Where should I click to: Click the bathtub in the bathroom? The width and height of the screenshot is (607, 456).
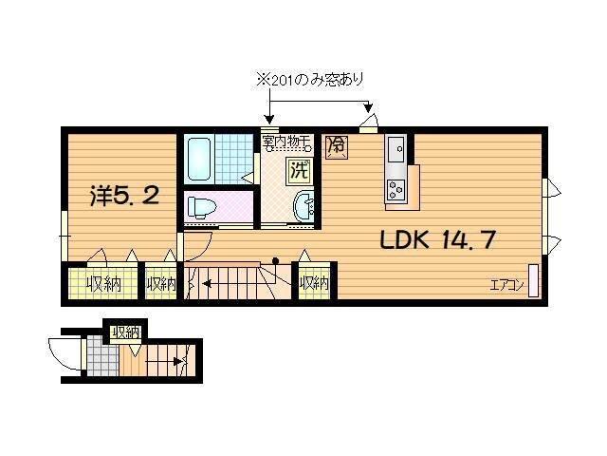coord(198,159)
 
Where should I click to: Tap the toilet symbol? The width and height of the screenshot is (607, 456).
coord(200,206)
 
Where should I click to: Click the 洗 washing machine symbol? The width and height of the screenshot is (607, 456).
coord(299,172)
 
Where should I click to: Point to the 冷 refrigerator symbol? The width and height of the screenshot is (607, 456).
coord(335,145)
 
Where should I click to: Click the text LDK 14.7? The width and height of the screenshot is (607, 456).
coord(437,239)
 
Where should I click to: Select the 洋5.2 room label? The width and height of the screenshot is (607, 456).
coord(123,198)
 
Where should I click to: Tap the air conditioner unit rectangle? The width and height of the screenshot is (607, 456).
coord(533,281)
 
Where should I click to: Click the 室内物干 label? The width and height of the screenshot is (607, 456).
coord(286,142)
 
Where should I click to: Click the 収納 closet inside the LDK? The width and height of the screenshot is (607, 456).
coord(314,282)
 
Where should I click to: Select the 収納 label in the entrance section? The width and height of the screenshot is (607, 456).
coord(125,332)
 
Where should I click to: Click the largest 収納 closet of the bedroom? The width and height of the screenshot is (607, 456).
coord(100,283)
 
